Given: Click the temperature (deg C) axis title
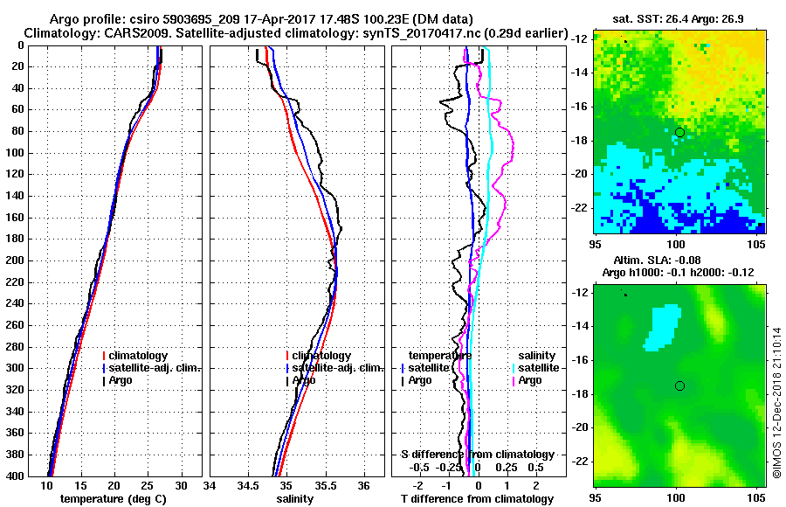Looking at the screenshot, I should (114, 499).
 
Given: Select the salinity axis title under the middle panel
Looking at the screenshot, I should (297, 499).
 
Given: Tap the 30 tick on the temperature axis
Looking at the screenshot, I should (181, 485).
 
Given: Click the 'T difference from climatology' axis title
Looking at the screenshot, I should (477, 499).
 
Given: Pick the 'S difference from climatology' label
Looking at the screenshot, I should (477, 455).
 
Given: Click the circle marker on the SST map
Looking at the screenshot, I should (679, 132).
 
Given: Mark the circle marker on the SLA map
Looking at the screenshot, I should (679, 385).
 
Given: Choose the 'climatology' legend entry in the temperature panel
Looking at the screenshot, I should (136, 356).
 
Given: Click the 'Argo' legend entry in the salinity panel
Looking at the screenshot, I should (304, 380).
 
